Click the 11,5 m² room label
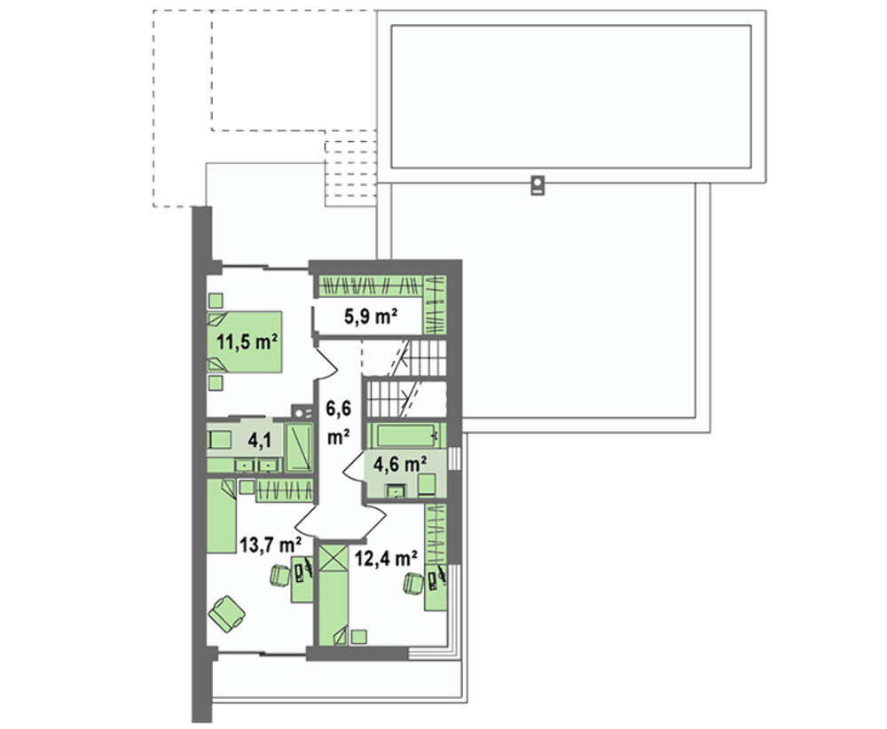click(x=247, y=341)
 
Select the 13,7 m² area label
click(x=270, y=545)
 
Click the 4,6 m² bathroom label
click(x=400, y=464)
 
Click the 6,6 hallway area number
click(x=338, y=407)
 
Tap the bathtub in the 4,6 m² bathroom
click(x=405, y=435)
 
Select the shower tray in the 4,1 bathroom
click(x=299, y=447)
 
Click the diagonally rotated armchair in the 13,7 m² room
click(x=226, y=613)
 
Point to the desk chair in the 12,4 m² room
click(x=413, y=583)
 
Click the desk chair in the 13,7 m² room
click(x=279, y=576)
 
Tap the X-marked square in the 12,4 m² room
click(x=333, y=558)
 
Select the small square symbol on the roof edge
click(x=538, y=186)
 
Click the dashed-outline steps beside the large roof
click(x=350, y=173)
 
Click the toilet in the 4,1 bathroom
click(x=219, y=439)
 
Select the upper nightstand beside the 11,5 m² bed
click(x=216, y=300)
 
